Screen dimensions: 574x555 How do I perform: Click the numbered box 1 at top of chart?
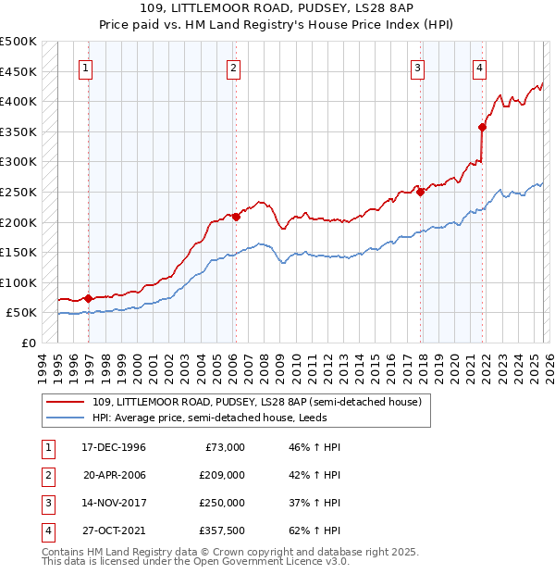tap(85, 67)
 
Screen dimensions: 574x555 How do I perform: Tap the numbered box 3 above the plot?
tap(418, 67)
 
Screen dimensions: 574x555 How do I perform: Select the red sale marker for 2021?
tap(483, 127)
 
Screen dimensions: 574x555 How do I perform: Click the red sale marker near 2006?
tap(236, 217)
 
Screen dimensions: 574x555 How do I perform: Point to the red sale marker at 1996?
tap(88, 298)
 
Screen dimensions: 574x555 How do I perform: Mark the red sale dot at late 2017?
tap(421, 192)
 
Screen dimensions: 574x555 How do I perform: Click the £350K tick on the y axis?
tap(18, 131)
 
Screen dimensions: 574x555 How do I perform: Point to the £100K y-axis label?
tap(18, 283)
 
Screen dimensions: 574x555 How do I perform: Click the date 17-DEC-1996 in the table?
tap(114, 447)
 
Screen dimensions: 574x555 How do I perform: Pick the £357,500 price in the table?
tap(221, 530)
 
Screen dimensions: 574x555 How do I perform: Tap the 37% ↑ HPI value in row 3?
tap(308, 503)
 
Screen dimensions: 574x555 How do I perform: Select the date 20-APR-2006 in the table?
tap(114, 475)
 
